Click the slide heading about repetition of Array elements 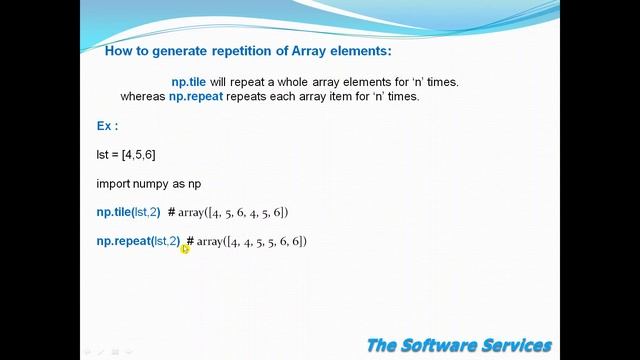(248, 49)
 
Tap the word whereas (136, 97)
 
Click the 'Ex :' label (107, 126)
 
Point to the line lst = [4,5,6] (125, 155)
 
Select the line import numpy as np (149, 184)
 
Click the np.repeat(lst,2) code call (138, 241)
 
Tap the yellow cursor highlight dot (185, 248)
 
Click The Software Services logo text (458, 345)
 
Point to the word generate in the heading (181, 49)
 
